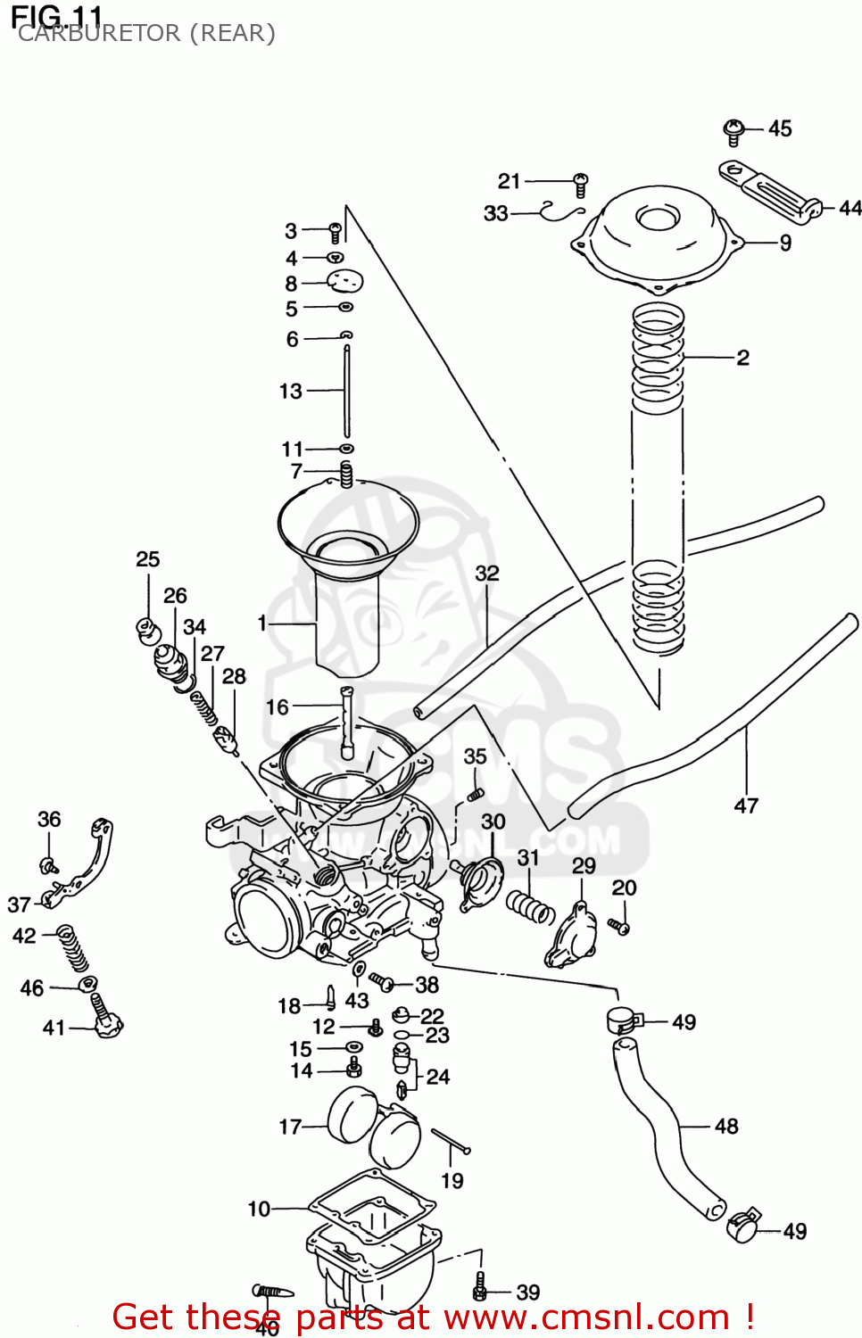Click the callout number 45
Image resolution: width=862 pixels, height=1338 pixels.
(x=780, y=128)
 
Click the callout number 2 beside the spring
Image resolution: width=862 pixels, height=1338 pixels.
(x=742, y=358)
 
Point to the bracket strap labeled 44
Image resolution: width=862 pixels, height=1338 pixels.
(x=769, y=193)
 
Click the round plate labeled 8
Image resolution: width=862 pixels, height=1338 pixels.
(x=345, y=282)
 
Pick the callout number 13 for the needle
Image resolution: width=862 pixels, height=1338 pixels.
(x=291, y=391)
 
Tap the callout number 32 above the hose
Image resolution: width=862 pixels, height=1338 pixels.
(x=487, y=573)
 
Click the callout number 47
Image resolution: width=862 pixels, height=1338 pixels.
(x=746, y=805)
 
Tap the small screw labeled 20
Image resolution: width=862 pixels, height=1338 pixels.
(x=619, y=926)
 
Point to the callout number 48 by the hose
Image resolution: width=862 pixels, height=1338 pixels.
(x=726, y=1126)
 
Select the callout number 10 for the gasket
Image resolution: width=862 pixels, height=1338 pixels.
(x=259, y=1209)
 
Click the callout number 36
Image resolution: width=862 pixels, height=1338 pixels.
(x=49, y=819)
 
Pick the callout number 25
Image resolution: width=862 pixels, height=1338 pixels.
(x=148, y=559)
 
